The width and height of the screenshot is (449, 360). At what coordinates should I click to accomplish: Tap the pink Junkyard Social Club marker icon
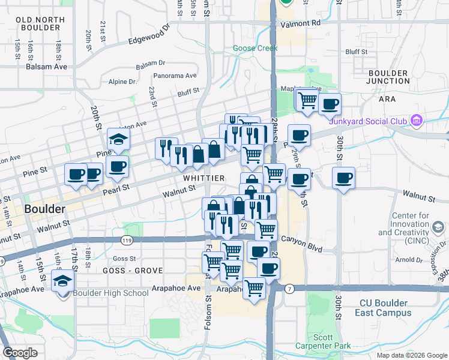point(416,121)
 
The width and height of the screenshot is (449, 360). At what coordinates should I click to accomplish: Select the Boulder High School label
point(111,293)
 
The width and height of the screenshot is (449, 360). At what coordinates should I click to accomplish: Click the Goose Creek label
point(255,49)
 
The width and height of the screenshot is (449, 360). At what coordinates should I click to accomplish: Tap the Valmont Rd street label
point(304,23)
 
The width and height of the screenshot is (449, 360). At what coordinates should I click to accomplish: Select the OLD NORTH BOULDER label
point(40,24)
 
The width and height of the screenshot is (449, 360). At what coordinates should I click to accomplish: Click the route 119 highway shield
point(127,240)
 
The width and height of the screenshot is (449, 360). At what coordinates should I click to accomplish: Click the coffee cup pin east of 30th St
point(344,178)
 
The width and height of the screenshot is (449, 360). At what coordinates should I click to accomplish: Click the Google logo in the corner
point(20,353)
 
